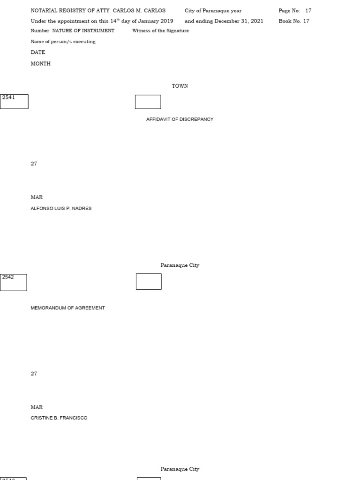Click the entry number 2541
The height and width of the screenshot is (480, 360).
(x=8, y=97)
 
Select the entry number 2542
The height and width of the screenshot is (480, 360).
(x=8, y=277)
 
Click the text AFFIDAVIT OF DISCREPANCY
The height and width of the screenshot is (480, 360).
(x=180, y=120)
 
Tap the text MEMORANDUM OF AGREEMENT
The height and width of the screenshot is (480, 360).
(x=67, y=308)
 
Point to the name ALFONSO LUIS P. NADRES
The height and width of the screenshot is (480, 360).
(x=61, y=209)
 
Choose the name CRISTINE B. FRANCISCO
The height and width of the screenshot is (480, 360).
(x=59, y=418)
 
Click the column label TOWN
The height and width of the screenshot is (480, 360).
(x=180, y=86)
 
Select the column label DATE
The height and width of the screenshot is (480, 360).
(x=38, y=52)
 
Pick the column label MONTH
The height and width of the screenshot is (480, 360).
(x=40, y=64)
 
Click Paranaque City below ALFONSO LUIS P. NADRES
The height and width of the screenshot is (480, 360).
(x=180, y=265)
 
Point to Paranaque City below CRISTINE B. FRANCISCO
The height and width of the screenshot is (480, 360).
(x=180, y=469)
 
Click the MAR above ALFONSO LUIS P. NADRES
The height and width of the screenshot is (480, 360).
(x=37, y=197)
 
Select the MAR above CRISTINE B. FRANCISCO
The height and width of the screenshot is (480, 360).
(x=37, y=407)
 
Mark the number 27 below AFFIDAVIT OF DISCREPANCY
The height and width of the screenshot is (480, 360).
(x=34, y=164)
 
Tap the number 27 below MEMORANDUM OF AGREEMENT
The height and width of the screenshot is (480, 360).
(x=34, y=374)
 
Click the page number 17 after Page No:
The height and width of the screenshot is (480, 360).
(x=308, y=11)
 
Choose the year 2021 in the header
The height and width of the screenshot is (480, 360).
(x=257, y=21)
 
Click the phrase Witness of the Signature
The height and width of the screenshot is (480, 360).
(x=160, y=31)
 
